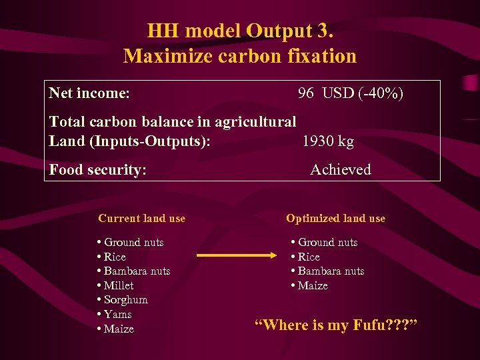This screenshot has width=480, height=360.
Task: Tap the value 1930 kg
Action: [x=327, y=141]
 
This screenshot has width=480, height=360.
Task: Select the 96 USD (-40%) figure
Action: [x=350, y=93]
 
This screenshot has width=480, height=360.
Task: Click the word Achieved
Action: [x=340, y=170]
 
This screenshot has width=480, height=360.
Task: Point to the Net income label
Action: [x=89, y=93]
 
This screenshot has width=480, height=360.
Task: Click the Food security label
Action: [x=97, y=170]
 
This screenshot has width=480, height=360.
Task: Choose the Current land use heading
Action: [x=141, y=218]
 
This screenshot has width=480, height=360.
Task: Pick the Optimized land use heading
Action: [x=335, y=218]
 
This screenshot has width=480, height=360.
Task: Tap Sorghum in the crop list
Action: [x=125, y=300]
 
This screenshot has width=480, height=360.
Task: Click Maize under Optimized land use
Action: [x=312, y=285]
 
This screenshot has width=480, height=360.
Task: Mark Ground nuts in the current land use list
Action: [x=133, y=242]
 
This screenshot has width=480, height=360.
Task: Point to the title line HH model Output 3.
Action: [x=240, y=31]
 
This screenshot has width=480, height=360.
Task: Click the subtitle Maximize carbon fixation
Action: [x=240, y=56]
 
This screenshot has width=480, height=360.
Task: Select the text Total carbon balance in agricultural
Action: [x=173, y=122]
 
